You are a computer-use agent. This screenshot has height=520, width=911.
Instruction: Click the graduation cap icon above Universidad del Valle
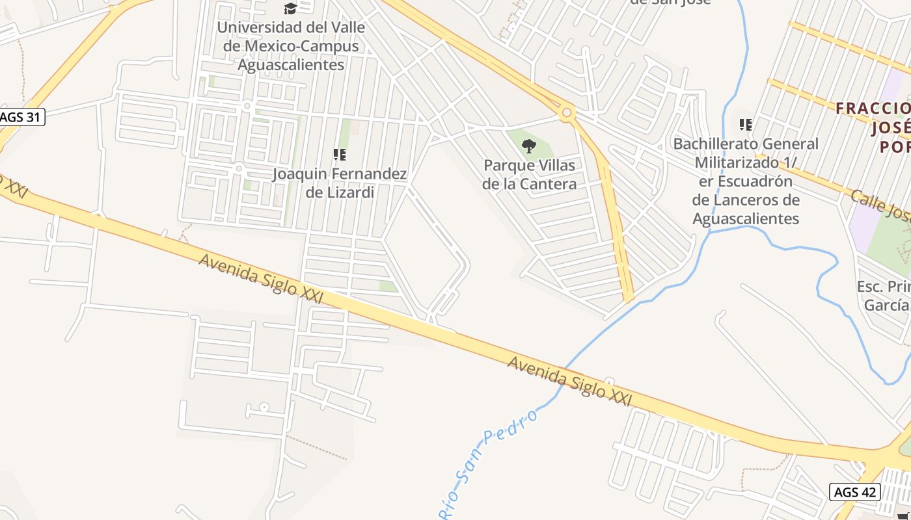point(290,8)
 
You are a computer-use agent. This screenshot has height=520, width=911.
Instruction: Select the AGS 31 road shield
point(21,117)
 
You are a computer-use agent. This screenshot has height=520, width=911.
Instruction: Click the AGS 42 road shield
point(855,492)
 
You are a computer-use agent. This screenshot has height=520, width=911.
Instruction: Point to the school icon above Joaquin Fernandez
point(339,155)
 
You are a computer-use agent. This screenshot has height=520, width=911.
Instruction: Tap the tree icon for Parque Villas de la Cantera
point(529,146)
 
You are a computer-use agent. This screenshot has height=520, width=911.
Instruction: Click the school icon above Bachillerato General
point(746,124)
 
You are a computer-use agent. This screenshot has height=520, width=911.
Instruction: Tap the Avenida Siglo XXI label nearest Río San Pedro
point(569,381)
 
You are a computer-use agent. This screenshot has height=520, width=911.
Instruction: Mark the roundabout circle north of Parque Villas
point(567,113)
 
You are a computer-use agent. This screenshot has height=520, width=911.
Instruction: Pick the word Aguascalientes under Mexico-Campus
point(290,65)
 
